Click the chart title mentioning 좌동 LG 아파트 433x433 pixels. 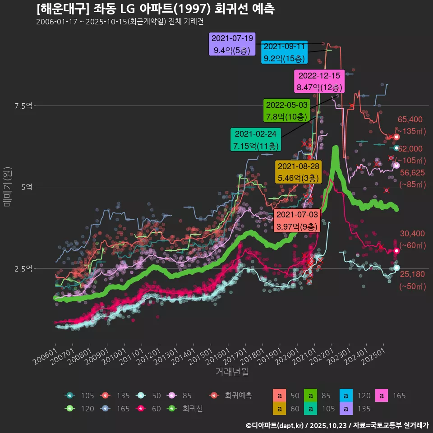click(156, 9)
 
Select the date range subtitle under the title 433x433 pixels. click(116, 22)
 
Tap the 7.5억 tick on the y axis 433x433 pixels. click(23, 106)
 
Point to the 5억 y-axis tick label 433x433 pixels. click(26, 187)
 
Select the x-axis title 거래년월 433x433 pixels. click(232, 372)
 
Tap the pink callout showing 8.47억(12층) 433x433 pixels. click(319, 81)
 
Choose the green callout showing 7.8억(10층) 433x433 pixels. click(286, 111)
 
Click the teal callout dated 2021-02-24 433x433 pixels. click(256, 140)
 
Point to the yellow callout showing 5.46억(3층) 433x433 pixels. click(298, 172)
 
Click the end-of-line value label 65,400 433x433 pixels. click(410, 120)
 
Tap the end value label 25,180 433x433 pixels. click(412, 274)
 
